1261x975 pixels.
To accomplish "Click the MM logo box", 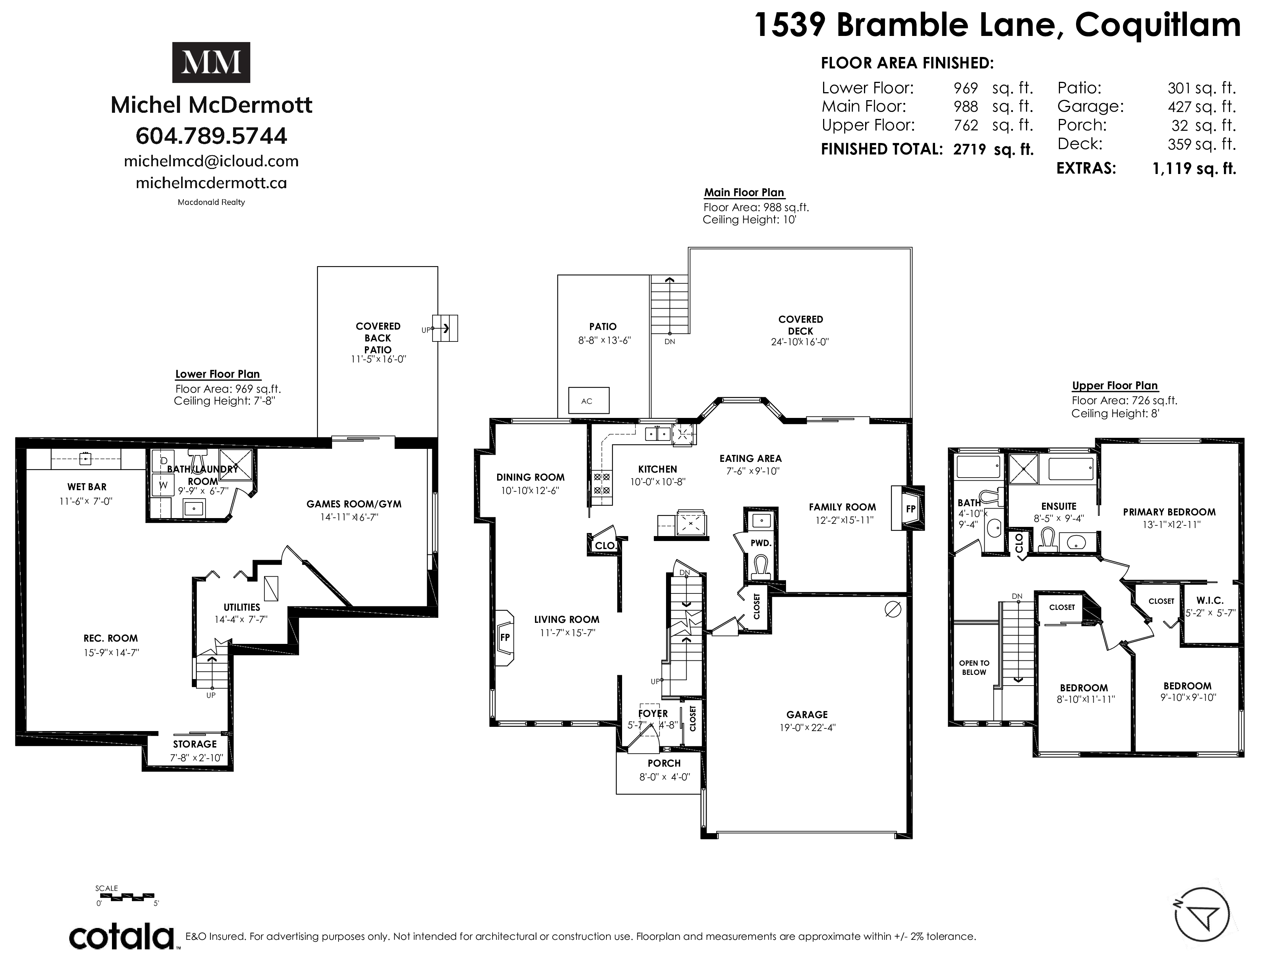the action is (211, 62).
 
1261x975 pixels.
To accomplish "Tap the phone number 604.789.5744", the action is (211, 136).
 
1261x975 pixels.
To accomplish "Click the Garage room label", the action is (807, 715).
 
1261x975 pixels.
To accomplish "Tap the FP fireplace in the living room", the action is (504, 638).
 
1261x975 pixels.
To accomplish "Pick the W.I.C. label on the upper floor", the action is (1210, 601).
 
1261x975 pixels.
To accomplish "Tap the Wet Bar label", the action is (87, 487).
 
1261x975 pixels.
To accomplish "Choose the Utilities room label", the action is (242, 607).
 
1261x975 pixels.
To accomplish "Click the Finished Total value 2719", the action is (970, 149).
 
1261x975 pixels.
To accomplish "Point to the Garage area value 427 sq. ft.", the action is (1201, 107).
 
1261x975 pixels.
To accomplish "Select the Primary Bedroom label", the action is (1169, 512).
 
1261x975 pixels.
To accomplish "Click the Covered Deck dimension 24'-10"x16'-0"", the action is (800, 341).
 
